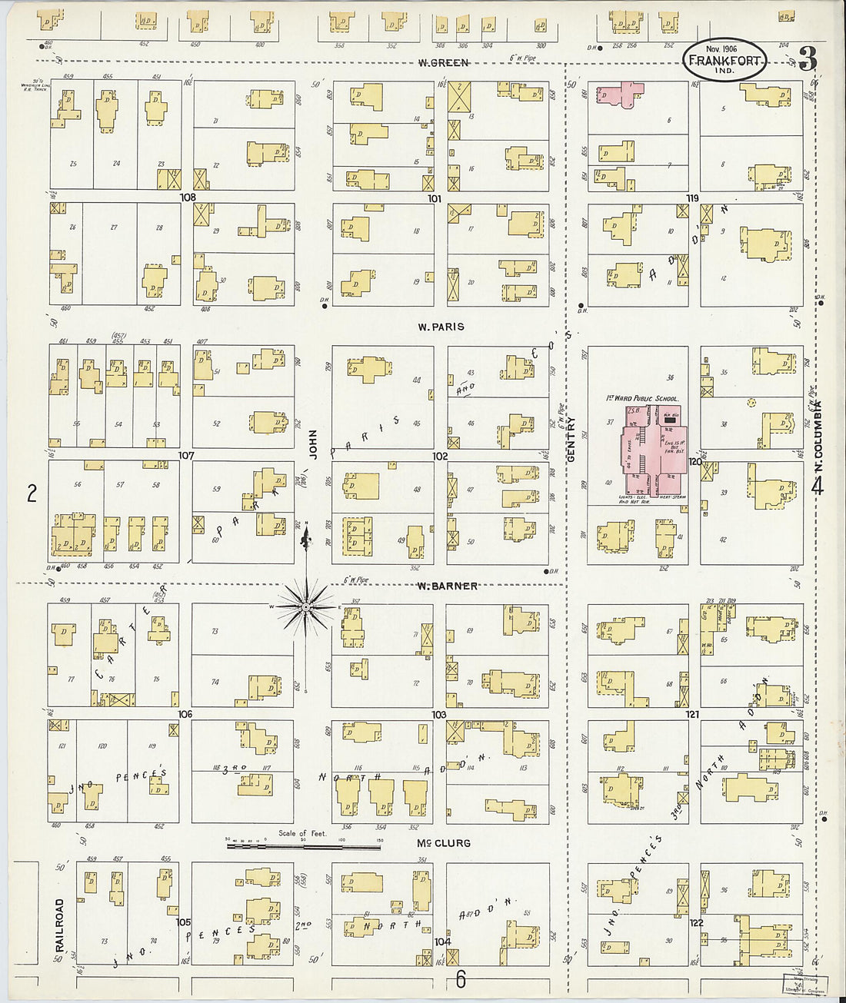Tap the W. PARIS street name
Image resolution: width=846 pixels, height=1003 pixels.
[x=441, y=327]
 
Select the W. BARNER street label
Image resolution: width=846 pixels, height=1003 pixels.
[x=447, y=586]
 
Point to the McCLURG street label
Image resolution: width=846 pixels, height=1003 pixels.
[x=443, y=843]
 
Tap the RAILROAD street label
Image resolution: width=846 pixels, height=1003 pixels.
[x=59, y=926]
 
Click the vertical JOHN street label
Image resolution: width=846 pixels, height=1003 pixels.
[x=313, y=444]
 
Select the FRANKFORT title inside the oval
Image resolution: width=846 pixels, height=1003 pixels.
[x=724, y=61]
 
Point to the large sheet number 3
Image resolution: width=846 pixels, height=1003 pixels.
[x=808, y=58]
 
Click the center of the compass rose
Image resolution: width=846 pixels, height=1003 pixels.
[x=306, y=607]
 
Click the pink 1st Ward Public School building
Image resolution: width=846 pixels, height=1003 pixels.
[x=654, y=457]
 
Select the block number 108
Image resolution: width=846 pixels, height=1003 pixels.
[x=188, y=198]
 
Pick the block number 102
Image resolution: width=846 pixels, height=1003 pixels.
[x=440, y=456]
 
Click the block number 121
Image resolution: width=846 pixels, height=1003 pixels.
[x=693, y=715]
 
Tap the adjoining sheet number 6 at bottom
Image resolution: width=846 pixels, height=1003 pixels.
[x=460, y=979]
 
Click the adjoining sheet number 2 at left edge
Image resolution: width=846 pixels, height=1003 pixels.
[x=32, y=493]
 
